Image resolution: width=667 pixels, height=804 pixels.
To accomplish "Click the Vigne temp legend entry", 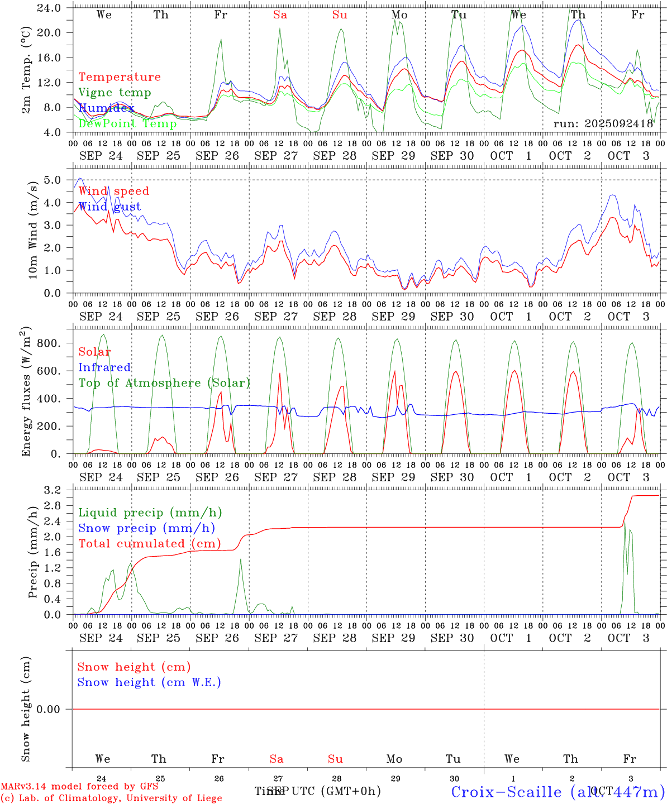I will [115, 93].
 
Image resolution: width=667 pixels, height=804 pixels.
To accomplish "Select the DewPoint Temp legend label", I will [127, 123].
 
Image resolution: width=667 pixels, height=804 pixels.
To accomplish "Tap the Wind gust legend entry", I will [109, 207].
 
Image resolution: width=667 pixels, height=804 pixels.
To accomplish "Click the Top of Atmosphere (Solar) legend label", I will [164, 383].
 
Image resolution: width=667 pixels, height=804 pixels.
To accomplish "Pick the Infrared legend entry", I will [104, 367].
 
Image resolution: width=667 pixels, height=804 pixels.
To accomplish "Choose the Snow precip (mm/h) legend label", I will [146, 528].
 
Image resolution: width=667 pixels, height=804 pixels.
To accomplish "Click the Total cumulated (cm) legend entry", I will [149, 543].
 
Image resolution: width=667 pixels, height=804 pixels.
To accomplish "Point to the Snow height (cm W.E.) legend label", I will [149, 682].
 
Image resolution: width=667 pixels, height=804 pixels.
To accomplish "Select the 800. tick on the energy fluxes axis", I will [49, 343].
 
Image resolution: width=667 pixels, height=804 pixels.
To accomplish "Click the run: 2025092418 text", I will [603, 124].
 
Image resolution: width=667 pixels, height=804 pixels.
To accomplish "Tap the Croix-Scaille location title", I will [558, 792].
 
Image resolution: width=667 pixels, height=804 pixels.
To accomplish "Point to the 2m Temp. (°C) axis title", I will [26, 78].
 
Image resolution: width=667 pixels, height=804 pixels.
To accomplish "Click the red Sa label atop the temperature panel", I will [280, 15].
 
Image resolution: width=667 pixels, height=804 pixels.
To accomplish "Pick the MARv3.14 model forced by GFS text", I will [79, 787].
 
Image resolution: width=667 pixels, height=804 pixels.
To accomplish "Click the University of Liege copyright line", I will [111, 798].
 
